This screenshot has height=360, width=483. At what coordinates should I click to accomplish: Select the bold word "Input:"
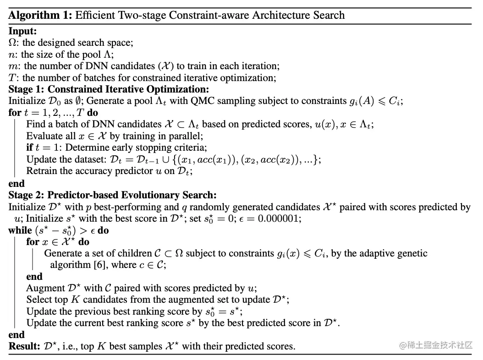tap(22, 32)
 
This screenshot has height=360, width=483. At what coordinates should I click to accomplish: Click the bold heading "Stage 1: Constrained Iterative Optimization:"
tap(109, 89)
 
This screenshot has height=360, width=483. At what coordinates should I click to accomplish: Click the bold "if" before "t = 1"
tap(29, 147)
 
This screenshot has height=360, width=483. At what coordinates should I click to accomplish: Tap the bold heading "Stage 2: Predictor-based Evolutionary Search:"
tap(112, 195)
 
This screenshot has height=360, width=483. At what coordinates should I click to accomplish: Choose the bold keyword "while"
tap(20, 230)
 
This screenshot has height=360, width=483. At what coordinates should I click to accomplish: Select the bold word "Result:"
tap(23, 346)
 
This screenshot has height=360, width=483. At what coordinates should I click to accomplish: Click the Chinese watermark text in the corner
tap(435, 345)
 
